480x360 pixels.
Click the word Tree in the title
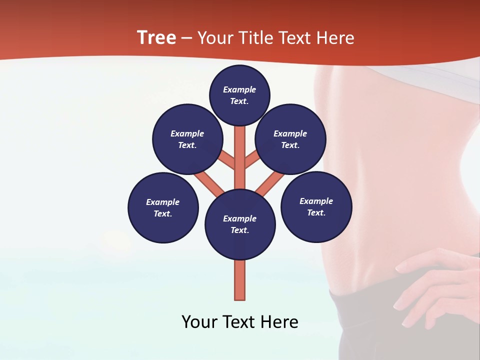pos(156,37)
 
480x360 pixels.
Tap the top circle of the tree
pos(239,95)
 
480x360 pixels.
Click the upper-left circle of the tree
pos(187,139)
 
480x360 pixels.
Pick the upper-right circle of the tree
pos(290,139)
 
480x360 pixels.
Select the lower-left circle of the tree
pos(163,207)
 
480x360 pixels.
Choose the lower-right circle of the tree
pos(316,206)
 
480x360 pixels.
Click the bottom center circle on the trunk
pos(240,224)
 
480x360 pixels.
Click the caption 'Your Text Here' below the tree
pos(240,321)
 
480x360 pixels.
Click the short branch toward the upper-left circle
pos(226,160)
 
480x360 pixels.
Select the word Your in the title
pos(215,37)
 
